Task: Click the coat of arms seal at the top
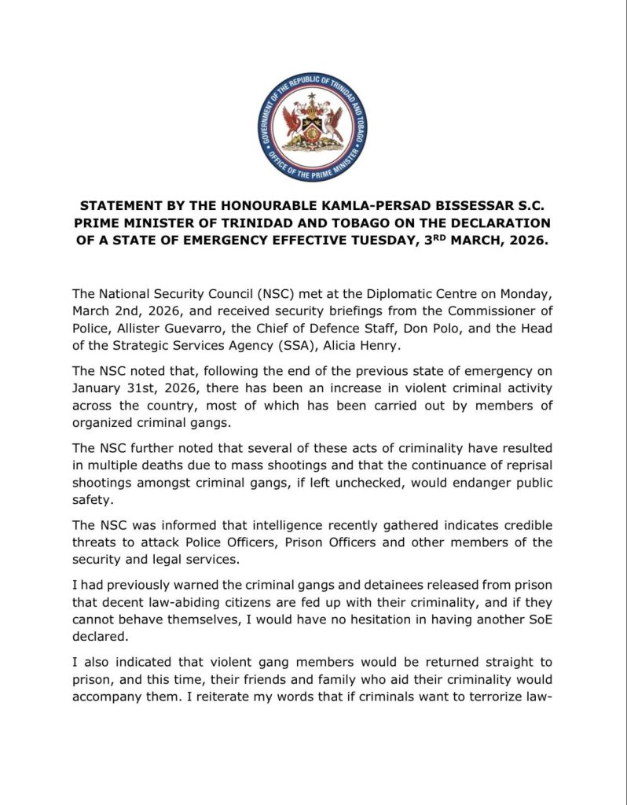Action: point(313,121)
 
